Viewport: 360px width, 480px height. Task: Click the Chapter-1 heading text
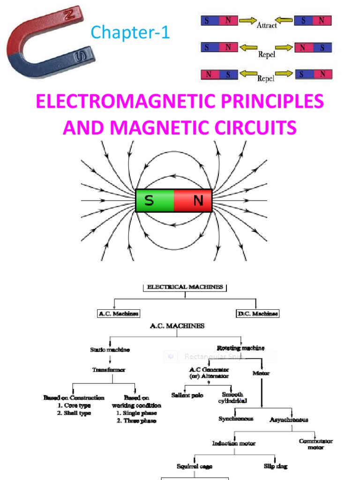click(x=130, y=33)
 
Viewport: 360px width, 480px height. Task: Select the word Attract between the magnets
click(x=266, y=26)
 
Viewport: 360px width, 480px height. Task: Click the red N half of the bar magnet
click(x=194, y=201)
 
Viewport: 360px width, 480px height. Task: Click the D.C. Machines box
click(x=257, y=314)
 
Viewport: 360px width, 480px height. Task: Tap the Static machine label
click(x=110, y=349)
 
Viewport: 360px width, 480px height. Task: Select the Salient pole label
click(x=187, y=396)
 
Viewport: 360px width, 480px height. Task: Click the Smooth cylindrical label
click(x=232, y=398)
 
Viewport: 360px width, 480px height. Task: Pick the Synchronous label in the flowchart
click(x=236, y=419)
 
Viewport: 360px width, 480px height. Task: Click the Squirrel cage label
click(x=195, y=466)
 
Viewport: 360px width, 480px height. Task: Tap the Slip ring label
click(x=276, y=466)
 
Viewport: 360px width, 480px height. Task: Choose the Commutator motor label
click(x=315, y=444)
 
